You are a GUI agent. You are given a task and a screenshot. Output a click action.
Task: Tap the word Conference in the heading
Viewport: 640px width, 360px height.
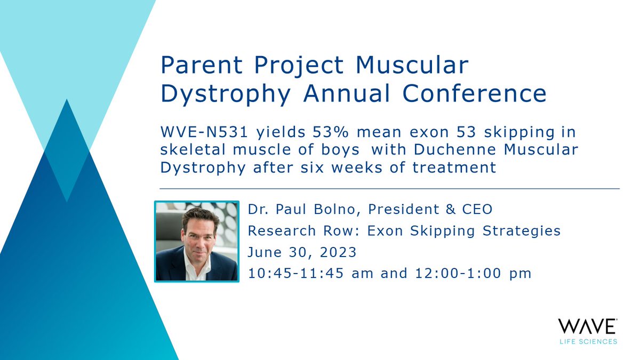[x=475, y=94]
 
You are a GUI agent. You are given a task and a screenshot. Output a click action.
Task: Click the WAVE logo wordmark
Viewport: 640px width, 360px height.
[x=587, y=326]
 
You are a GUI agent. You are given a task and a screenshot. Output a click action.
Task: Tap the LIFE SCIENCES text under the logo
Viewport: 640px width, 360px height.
[x=587, y=341]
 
